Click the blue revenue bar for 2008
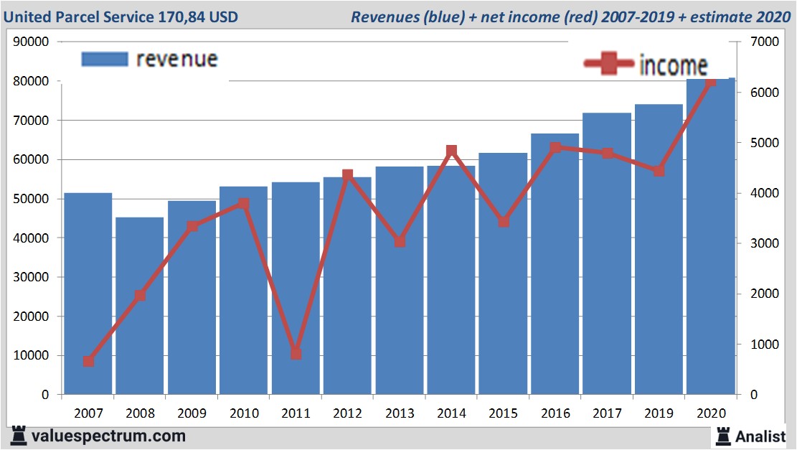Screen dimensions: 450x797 [140, 305]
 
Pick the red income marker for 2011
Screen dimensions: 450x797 [296, 353]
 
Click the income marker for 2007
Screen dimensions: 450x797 [88, 361]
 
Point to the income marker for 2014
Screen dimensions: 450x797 [451, 151]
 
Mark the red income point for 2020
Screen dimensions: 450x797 [710, 83]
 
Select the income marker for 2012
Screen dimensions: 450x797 [347, 174]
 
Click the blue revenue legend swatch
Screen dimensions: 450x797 [105, 59]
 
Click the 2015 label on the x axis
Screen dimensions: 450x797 [503, 413]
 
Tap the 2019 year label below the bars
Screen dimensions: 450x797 [659, 413]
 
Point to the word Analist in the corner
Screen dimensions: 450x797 [760, 436]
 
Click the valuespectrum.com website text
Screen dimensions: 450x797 [108, 436]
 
